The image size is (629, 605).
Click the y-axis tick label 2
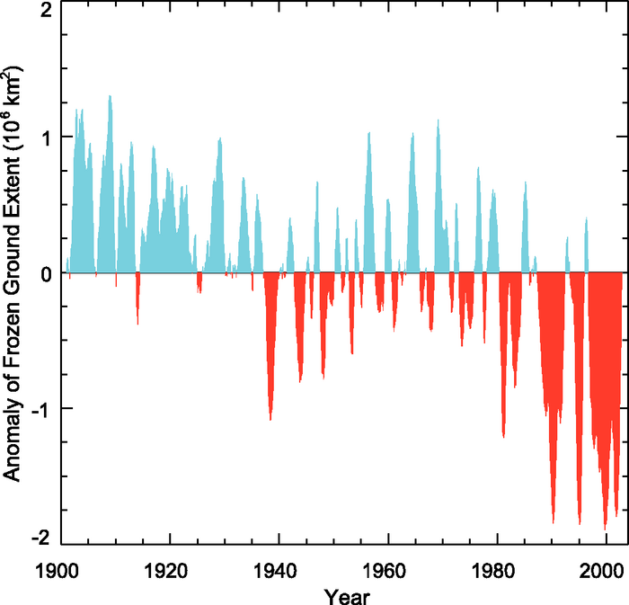44,11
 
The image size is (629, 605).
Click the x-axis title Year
344,594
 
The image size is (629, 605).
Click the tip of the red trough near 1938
270,420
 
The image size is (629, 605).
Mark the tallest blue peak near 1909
110,95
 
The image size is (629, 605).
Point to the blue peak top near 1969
438,120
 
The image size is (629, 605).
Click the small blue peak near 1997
586,218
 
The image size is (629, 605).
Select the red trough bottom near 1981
504,438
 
